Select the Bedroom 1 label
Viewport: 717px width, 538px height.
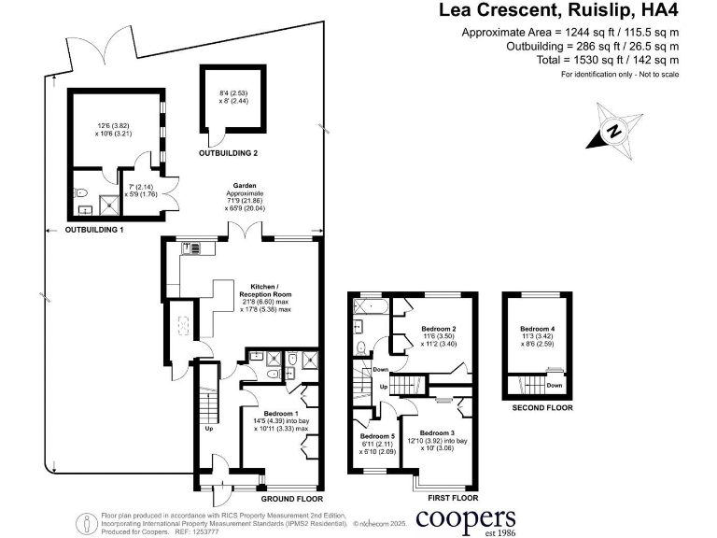point(281,413)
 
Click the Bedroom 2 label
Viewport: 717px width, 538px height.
point(438,329)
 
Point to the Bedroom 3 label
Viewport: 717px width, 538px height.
point(437,433)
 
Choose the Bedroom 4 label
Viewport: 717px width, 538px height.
point(538,329)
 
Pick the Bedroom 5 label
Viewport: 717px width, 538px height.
point(377,436)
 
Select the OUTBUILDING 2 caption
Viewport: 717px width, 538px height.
point(229,151)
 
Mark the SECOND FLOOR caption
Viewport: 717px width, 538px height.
point(542,408)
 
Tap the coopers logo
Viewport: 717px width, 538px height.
point(466,518)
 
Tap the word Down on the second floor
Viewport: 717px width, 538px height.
point(555,385)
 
